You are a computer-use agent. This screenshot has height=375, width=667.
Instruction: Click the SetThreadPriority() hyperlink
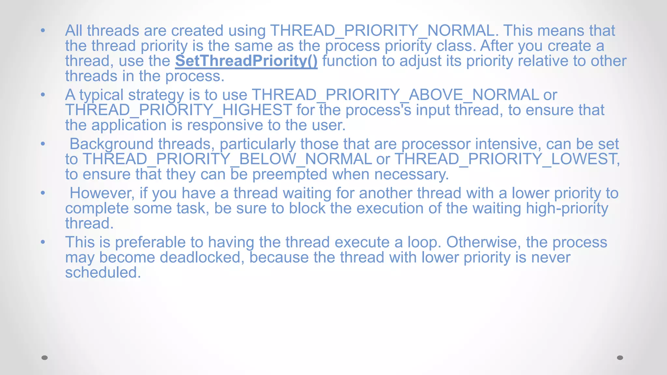click(246, 61)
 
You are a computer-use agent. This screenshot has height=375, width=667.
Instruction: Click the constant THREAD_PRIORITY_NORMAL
click(382, 31)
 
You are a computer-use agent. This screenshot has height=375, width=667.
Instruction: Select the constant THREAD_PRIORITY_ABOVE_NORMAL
click(395, 95)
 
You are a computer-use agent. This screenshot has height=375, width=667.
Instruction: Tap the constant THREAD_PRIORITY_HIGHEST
click(178, 110)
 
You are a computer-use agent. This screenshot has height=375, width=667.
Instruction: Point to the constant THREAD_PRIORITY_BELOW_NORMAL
click(227, 159)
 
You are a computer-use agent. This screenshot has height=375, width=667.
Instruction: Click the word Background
click(111, 144)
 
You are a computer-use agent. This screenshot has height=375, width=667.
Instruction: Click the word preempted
click(290, 174)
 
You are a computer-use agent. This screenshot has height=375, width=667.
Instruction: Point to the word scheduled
click(103, 272)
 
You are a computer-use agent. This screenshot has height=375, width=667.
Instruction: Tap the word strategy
click(156, 95)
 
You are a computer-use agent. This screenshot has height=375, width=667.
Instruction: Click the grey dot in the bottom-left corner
click(45, 358)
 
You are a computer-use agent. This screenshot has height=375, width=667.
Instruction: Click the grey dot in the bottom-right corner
click(620, 358)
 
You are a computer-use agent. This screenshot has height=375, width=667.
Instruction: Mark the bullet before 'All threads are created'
click(43, 31)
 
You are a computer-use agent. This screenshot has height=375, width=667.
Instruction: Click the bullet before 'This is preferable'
click(43, 242)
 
